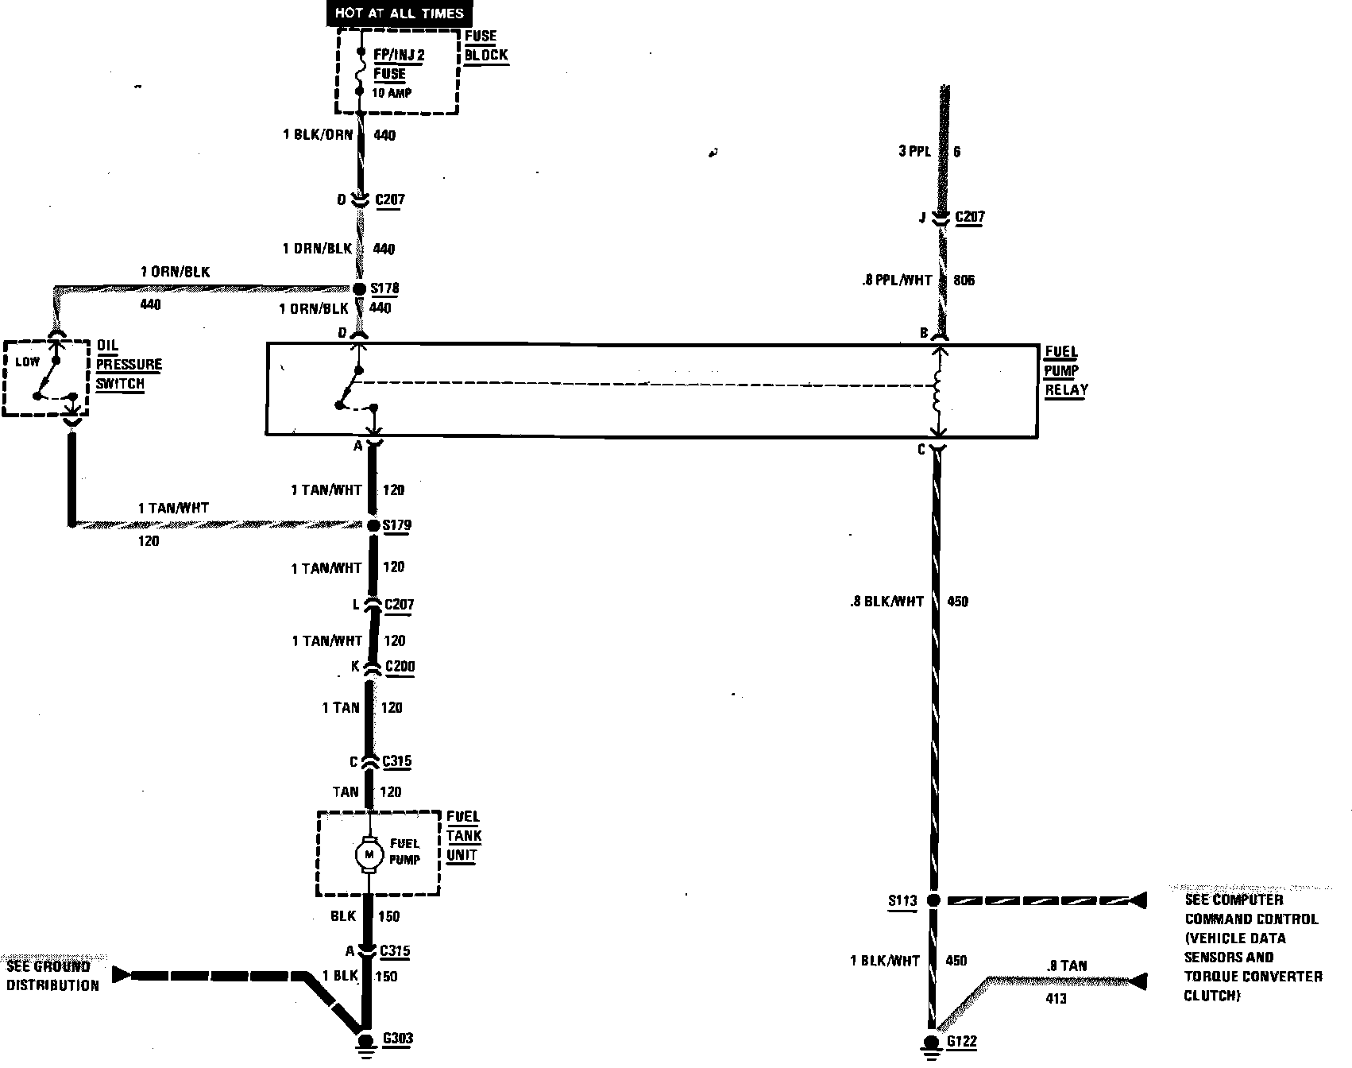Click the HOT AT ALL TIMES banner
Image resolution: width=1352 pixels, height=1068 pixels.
[399, 13]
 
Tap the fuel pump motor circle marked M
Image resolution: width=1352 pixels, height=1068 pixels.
[368, 854]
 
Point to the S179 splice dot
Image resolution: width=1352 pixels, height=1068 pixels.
[373, 525]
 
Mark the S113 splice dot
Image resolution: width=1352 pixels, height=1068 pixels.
[934, 900]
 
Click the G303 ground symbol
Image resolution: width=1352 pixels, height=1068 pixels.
[366, 1043]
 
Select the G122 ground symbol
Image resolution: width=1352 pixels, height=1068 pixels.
[930, 1045]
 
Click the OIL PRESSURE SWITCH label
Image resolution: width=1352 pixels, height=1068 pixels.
[129, 365]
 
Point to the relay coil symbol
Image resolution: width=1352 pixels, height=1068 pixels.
[938, 391]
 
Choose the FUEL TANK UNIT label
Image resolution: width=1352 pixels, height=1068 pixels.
[463, 836]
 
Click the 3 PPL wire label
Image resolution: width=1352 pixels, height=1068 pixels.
[914, 151]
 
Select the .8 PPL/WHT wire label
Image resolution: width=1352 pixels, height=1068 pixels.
[895, 281]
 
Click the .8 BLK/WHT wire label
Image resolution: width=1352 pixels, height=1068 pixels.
[886, 602]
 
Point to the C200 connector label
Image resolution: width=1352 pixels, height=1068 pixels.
[400, 667]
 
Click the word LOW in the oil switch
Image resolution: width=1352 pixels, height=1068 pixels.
[27, 362]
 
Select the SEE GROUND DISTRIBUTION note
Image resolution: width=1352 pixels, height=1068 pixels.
[53, 976]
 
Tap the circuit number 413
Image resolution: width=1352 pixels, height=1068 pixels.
[1056, 998]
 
